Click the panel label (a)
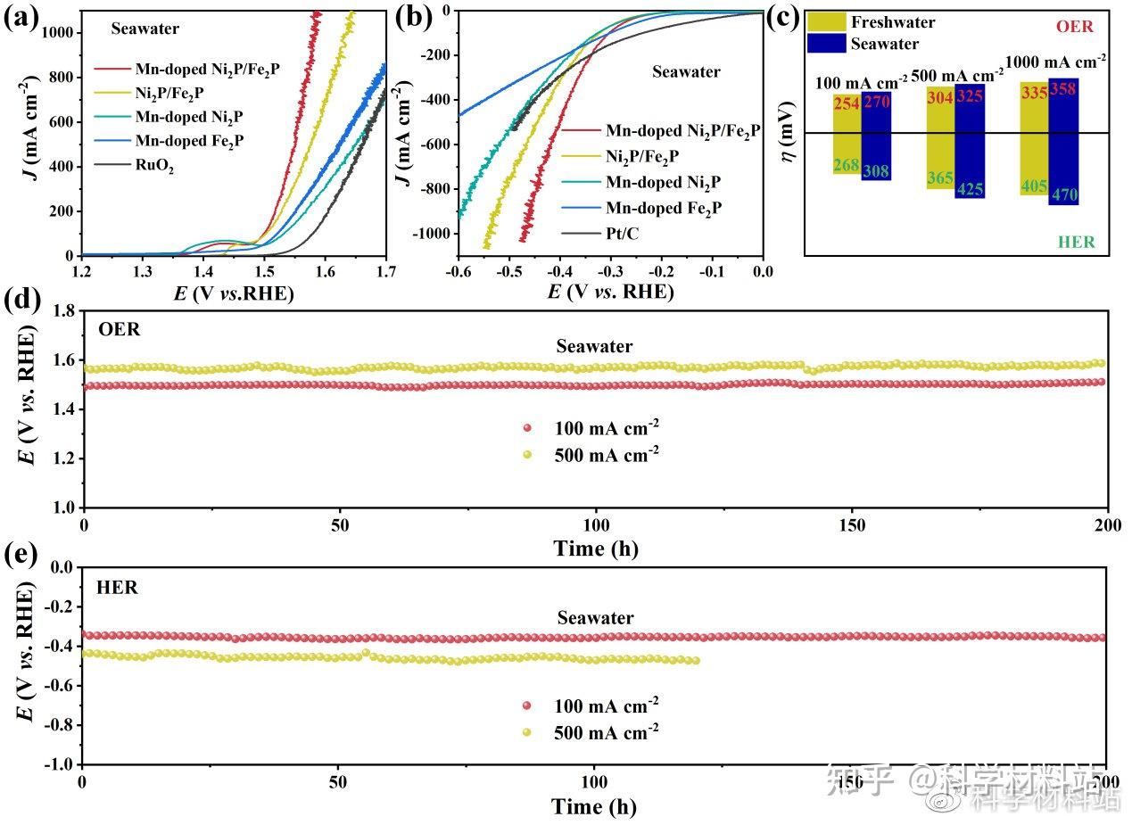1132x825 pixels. pyautogui.click(x=21, y=17)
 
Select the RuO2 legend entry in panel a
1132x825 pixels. pyautogui.click(x=154, y=165)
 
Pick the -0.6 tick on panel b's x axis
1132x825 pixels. pyautogui.click(x=458, y=269)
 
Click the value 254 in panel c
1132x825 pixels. pyautogui.click(x=847, y=104)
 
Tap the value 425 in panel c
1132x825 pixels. pyautogui.click(x=970, y=189)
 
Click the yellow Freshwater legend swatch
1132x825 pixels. pyautogui.click(x=826, y=22)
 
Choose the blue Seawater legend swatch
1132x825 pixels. pyautogui.click(x=826, y=43)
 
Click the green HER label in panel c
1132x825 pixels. pyautogui.click(x=1076, y=242)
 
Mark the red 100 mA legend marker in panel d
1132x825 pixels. pyautogui.click(x=526, y=427)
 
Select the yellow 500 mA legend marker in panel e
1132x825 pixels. pyautogui.click(x=526, y=732)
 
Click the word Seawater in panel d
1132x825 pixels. pyautogui.click(x=595, y=346)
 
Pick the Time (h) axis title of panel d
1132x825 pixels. pyautogui.click(x=595, y=549)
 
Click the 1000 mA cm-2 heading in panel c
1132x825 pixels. pyautogui.click(x=1056, y=62)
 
